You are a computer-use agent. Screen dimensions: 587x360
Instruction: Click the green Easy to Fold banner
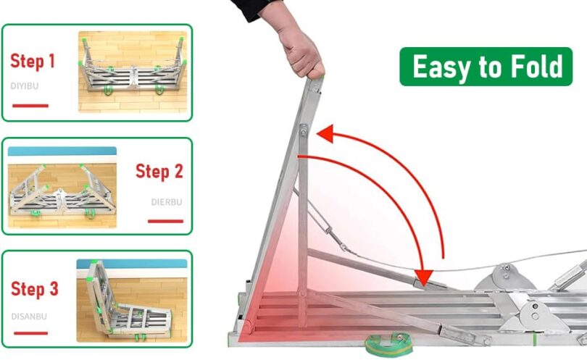point(486,67)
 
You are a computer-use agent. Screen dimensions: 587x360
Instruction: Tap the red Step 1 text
point(33,62)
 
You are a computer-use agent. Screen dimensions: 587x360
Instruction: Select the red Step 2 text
point(159,172)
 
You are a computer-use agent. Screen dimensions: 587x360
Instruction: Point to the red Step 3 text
point(35,289)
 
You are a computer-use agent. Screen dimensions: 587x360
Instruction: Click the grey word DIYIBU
point(25,86)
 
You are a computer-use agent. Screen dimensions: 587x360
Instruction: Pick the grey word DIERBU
point(167,202)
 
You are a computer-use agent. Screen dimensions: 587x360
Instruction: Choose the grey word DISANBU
point(29,317)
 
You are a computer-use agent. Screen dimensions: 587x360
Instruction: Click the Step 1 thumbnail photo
point(133,72)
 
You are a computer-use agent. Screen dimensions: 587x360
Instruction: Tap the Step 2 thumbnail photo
point(62,187)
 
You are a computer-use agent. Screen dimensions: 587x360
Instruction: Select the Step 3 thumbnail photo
point(132,301)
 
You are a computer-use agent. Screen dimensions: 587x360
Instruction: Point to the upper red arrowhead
point(325,133)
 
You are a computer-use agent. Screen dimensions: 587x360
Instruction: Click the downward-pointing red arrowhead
point(423,277)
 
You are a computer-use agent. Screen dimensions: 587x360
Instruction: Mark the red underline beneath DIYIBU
point(30,106)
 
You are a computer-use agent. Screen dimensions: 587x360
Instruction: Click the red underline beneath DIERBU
point(165,221)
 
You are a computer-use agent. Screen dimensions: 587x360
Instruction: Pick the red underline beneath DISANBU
point(30,333)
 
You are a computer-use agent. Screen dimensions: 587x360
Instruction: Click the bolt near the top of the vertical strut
point(303,131)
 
